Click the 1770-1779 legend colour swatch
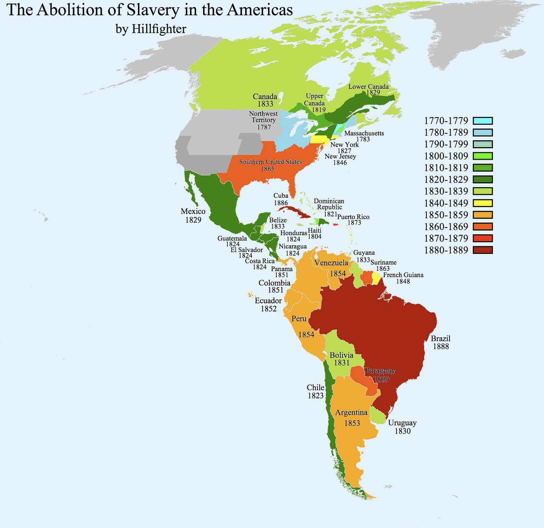point(482,121)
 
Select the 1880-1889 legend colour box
point(482,250)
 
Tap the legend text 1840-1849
point(446,203)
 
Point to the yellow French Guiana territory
point(376,278)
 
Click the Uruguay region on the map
point(377,415)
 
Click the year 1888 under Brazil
point(441,346)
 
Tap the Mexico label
point(193,211)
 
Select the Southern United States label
point(270,162)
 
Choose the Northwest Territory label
point(263,117)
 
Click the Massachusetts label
point(364,133)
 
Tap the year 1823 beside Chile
point(316,396)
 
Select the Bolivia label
point(341,355)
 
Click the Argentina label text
point(351,413)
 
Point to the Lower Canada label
point(368,86)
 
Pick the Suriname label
point(383,263)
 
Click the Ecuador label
point(268,301)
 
